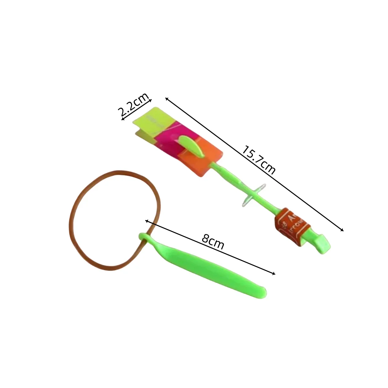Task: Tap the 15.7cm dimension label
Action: pyautogui.click(x=259, y=160)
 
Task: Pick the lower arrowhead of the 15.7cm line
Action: pyautogui.click(x=342, y=230)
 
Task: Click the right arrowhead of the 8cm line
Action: pyautogui.click(x=274, y=274)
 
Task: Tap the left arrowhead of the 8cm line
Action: pyautogui.click(x=146, y=221)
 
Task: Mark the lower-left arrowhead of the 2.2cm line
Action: pyautogui.click(x=122, y=120)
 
